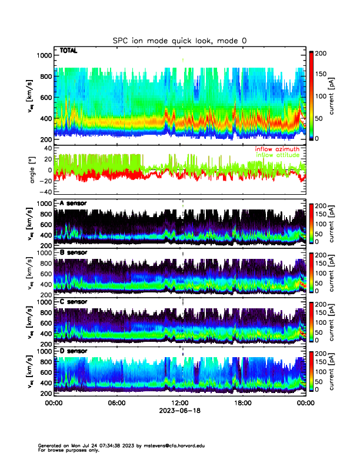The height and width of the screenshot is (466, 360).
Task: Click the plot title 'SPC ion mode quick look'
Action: pos(181,41)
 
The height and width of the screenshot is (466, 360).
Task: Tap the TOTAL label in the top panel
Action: pos(68,52)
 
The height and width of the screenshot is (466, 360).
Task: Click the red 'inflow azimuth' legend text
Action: pos(276,149)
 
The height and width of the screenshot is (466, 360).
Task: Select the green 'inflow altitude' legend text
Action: pos(276,155)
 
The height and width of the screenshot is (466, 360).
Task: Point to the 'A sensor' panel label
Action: pos(73,204)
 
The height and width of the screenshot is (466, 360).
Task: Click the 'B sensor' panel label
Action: pos(73,252)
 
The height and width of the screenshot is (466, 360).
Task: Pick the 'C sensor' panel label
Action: pos(73,302)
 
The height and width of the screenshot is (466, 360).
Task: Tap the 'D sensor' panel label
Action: pos(73,351)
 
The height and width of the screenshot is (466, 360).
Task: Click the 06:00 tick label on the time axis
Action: pos(116,403)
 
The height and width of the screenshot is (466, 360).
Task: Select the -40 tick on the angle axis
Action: pos(45,192)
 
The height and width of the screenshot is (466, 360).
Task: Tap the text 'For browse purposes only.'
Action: pos(68,450)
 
